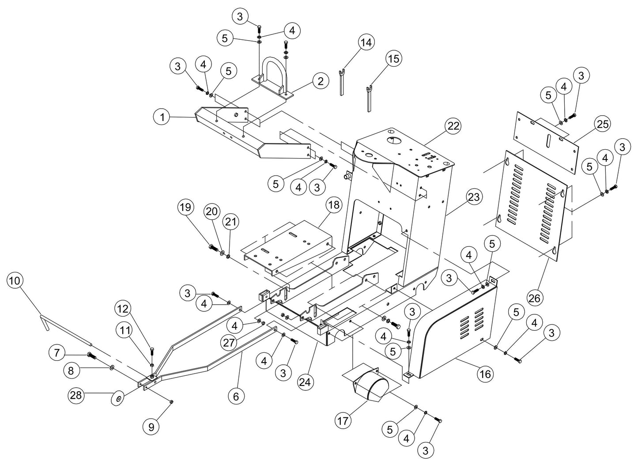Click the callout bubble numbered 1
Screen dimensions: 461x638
(162, 117)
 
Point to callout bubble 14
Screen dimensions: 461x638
(366, 42)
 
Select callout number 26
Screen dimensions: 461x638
(534, 299)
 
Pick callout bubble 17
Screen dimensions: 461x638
(345, 421)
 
